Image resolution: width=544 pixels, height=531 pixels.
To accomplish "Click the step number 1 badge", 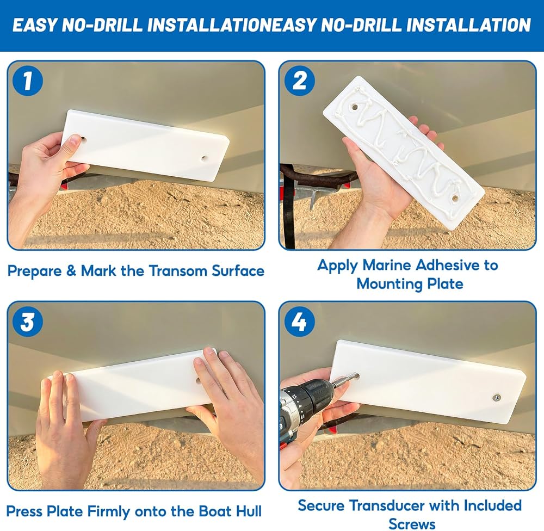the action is [27, 81].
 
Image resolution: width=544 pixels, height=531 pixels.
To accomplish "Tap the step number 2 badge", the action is [299, 81].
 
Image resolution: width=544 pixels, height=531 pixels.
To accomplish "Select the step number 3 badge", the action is [27, 322].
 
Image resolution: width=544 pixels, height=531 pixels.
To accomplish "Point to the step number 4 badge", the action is [299, 322].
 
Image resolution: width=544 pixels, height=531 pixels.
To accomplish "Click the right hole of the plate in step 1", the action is [203, 159].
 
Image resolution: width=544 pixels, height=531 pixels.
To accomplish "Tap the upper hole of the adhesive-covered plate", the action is [354, 107].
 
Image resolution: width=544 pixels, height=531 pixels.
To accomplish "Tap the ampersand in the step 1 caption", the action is [71, 271].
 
